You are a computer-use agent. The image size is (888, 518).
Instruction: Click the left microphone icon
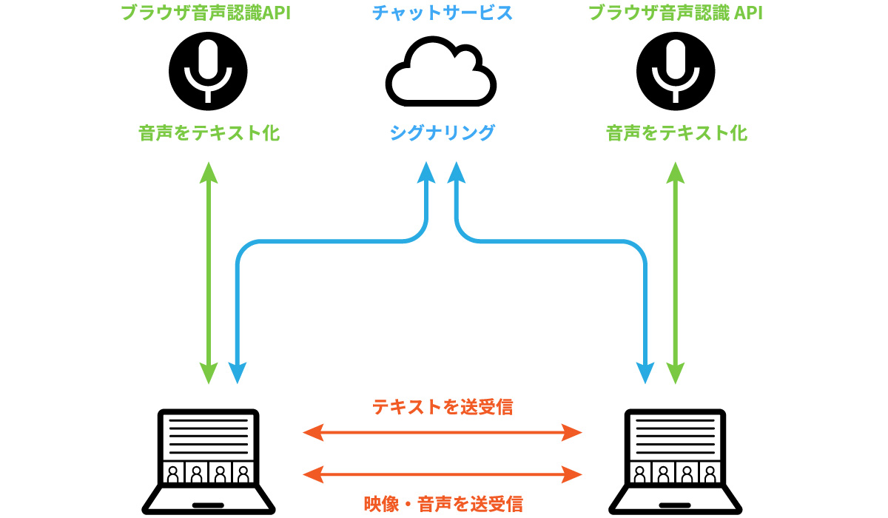(x=208, y=72)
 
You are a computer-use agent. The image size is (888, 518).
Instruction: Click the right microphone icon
(x=676, y=72)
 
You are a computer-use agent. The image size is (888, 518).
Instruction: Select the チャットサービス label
(x=442, y=13)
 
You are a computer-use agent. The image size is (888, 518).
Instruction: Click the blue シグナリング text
(x=442, y=133)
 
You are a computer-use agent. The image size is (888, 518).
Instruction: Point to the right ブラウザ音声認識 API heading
(x=676, y=13)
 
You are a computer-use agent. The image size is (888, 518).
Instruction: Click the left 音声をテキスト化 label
(x=209, y=133)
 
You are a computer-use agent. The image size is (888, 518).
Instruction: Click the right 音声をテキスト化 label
(x=676, y=133)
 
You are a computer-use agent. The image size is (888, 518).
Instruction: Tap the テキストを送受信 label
(x=442, y=407)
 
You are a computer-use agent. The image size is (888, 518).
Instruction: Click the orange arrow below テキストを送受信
(x=442, y=431)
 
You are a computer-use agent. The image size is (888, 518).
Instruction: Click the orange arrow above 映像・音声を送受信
(x=442, y=472)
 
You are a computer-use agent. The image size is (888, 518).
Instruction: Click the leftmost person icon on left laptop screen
(x=174, y=474)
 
